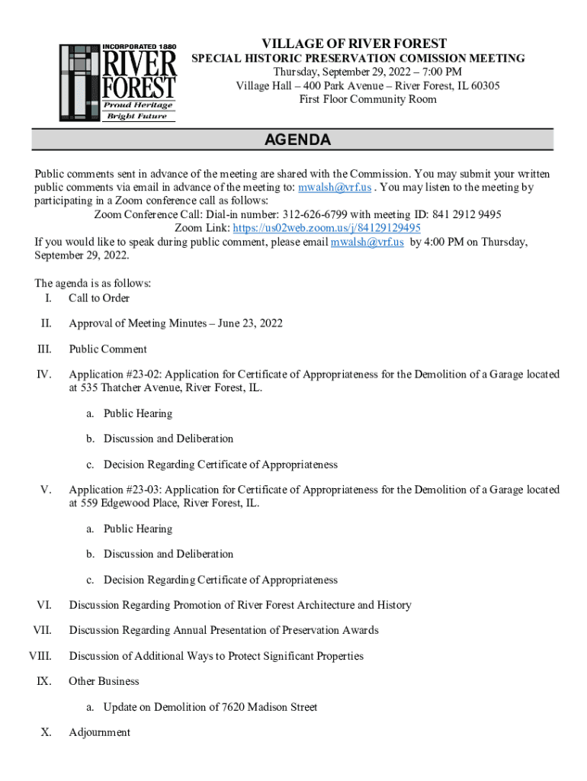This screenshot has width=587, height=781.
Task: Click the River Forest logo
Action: pyautogui.click(x=118, y=82)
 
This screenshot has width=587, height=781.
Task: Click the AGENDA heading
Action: pyautogui.click(x=297, y=140)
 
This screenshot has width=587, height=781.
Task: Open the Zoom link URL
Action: pyautogui.click(x=326, y=228)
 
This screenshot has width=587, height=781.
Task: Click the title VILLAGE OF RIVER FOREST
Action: pyautogui.click(x=354, y=43)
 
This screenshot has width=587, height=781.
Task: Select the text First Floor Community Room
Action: pyautogui.click(x=367, y=99)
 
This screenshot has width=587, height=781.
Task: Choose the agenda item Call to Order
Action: pyautogui.click(x=99, y=298)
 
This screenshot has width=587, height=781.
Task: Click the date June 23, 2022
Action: pyautogui.click(x=250, y=323)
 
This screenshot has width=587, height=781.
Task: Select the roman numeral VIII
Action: pyautogui.click(x=40, y=656)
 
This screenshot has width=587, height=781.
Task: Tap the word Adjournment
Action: pyautogui.click(x=99, y=732)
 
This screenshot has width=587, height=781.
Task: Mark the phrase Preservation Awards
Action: pyautogui.click(x=332, y=630)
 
